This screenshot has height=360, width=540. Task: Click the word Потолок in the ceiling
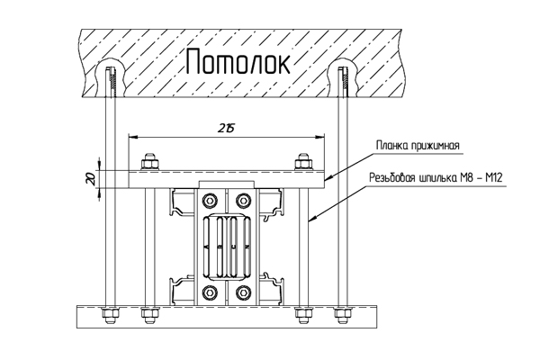[238, 62]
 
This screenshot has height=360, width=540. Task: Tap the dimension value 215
[226, 129]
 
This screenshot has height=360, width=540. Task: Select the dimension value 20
[91, 179]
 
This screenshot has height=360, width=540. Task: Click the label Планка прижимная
[418, 145]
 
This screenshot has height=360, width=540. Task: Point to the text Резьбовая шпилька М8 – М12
[436, 178]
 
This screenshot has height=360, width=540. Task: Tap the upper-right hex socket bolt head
[242, 201]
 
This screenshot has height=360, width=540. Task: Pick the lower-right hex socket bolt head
[242, 292]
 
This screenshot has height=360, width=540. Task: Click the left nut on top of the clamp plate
[149, 162]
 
